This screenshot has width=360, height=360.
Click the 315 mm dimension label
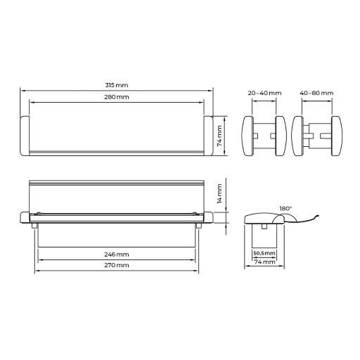click(x=117, y=85)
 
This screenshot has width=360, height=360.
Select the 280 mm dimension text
click(x=117, y=97)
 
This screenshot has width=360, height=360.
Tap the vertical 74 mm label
click(x=219, y=136)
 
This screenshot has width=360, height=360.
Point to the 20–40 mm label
click(x=264, y=93)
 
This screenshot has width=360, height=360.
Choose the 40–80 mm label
click(x=316, y=93)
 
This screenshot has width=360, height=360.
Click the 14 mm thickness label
click(x=219, y=193)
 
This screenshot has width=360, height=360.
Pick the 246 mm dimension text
click(x=117, y=255)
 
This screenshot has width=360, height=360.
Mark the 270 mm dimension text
click(x=117, y=265)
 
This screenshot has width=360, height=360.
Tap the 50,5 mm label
click(x=264, y=253)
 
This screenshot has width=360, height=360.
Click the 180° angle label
click(x=285, y=208)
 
